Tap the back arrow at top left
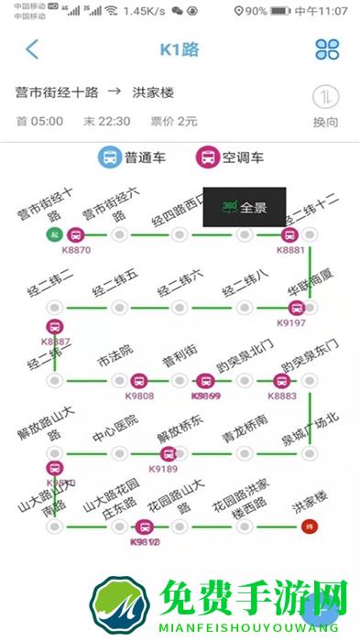32,49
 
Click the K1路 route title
180,49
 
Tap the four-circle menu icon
327,49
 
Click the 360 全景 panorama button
244,207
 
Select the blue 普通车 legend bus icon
110,158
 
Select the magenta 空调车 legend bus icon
208,158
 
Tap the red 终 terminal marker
309,527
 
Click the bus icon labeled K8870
76,234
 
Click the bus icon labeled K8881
290,234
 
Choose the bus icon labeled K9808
138,381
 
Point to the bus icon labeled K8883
281,381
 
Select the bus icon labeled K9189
168,454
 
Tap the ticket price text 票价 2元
174,121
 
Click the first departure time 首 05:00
39,121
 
